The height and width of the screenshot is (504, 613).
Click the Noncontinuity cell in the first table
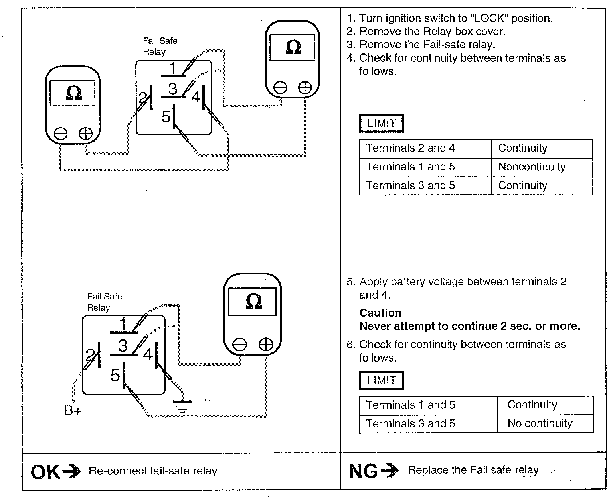coord(532,167)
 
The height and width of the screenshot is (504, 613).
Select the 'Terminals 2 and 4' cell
coord(410,148)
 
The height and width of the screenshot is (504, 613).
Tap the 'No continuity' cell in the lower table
coord(540,423)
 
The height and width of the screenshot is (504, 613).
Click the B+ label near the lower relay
coord(73,410)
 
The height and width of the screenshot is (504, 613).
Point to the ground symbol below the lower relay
coord(182,407)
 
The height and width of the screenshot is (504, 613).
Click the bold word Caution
coord(380,313)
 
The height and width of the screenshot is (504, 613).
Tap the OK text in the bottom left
coord(45,472)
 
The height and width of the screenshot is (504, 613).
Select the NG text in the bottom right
coord(363,472)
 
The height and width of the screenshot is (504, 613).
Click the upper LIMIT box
coord(381,124)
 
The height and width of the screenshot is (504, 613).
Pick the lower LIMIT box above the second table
coord(381,380)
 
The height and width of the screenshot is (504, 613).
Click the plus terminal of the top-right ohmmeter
coord(305,88)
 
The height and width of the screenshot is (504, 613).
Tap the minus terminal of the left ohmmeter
coord(61,134)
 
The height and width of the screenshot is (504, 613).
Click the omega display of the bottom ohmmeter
coord(252,301)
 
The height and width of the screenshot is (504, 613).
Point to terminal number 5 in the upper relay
coord(166,116)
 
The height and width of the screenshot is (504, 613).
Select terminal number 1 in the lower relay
coord(123,324)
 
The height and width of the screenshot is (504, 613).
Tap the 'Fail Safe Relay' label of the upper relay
coord(160,46)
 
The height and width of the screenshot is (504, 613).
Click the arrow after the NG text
coord(390,471)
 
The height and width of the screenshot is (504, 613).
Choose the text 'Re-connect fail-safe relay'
coord(153,471)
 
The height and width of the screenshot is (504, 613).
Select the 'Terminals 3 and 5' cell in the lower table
coord(410,423)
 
